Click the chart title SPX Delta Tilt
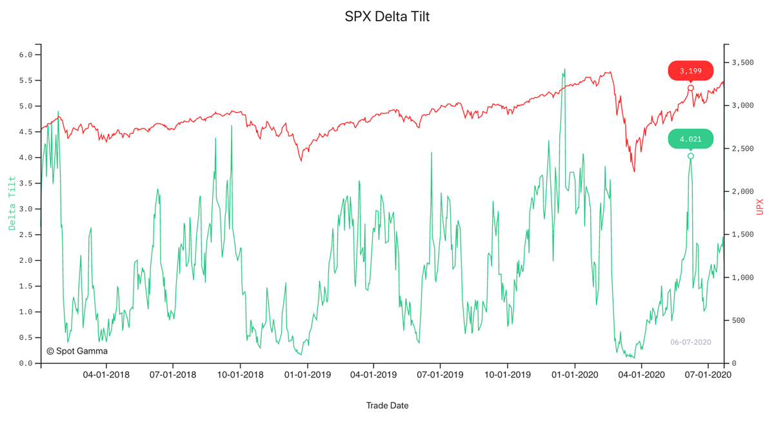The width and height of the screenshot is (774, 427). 387,17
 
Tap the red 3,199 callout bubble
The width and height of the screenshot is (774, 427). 690,71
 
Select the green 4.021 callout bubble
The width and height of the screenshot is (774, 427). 690,139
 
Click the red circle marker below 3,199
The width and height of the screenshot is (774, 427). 691,88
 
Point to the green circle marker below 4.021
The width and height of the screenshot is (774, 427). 691,157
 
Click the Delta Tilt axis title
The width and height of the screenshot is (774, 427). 12,203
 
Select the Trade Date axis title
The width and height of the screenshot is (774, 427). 387,406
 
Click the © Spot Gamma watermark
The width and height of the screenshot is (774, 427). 77,351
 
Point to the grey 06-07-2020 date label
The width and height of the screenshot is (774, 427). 690,342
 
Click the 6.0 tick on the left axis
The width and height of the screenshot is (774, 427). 26,55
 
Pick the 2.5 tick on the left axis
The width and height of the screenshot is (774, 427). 26,235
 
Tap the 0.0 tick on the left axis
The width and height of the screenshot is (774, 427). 26,363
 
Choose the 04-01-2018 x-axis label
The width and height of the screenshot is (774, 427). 106,374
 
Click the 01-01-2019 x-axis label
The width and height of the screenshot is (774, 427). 307,374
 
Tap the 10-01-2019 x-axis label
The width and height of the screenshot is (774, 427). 507,374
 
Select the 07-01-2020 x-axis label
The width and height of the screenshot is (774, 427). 708,374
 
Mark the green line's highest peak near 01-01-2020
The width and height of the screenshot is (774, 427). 565,69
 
